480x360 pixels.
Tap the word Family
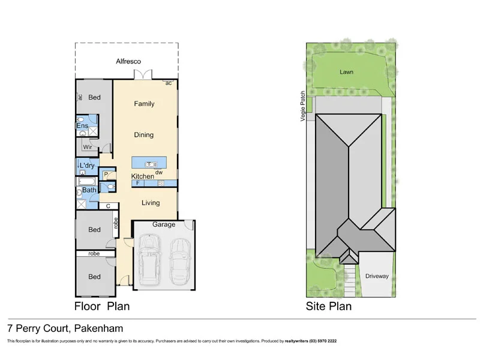tap(144, 104)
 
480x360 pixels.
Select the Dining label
tap(144, 135)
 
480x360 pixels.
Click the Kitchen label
tap(143, 176)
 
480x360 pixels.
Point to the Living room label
tap(151, 203)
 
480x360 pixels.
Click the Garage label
tap(164, 224)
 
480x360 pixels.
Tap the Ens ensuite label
tap(82, 126)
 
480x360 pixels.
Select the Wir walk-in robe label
tap(87, 146)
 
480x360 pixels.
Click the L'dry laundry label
tap(87, 166)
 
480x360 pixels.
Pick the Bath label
tap(89, 191)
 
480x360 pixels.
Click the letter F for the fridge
tap(138, 182)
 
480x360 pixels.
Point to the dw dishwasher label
tap(159, 173)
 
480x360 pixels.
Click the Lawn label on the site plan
tap(346, 71)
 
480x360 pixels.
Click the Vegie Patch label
tap(304, 106)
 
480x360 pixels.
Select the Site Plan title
tap(328, 306)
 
